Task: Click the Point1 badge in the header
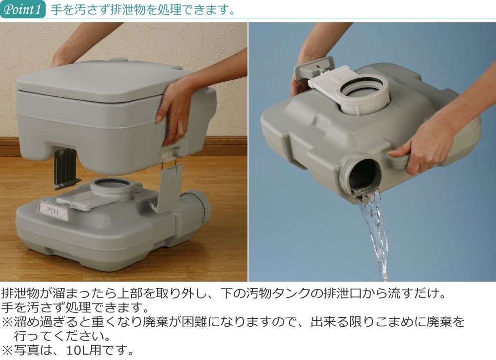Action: click(x=23, y=9)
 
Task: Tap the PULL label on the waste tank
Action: click(x=53, y=211)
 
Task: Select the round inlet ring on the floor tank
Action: click(x=112, y=187)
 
